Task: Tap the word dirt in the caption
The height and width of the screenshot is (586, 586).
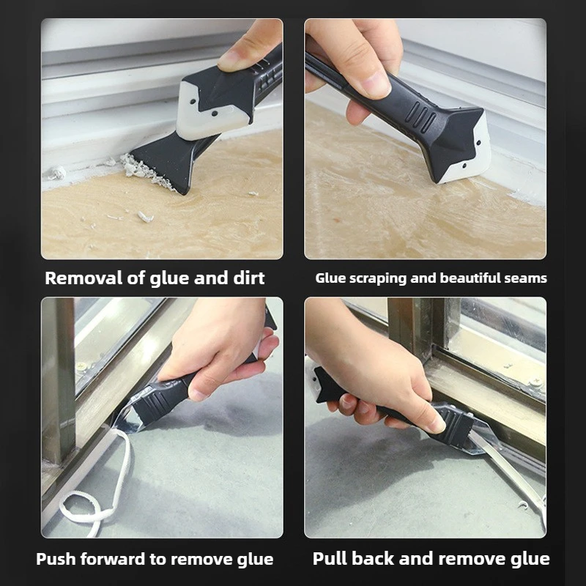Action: [246, 278]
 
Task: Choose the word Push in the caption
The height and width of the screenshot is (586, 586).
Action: [56, 559]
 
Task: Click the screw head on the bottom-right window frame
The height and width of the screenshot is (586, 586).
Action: [535, 382]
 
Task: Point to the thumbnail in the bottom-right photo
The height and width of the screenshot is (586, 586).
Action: [435, 423]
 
